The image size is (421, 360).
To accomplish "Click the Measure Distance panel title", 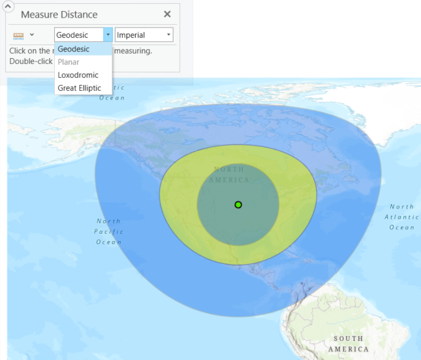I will pyautogui.click(x=59, y=14).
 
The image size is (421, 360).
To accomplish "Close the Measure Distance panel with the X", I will pyautogui.click(x=167, y=14).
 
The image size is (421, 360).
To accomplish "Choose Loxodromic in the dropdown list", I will pyautogui.click(x=78, y=75).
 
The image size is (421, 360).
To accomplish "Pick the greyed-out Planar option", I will pyautogui.click(x=69, y=62).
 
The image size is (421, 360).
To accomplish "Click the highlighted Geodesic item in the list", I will pyautogui.click(x=74, y=49).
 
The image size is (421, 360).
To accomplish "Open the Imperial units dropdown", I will pyautogui.click(x=144, y=35).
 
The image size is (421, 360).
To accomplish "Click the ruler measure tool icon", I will pyautogui.click(x=18, y=35).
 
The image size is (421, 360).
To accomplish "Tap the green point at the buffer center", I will pyautogui.click(x=238, y=205).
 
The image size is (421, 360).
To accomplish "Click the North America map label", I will pyautogui.click(x=230, y=174).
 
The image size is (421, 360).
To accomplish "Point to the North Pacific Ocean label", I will pyautogui.click(x=108, y=231).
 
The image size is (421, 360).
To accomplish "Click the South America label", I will pyautogui.click(x=348, y=344).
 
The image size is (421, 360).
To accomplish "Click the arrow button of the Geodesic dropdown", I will pyautogui.click(x=108, y=35).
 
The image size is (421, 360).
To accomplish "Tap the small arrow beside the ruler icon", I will pyautogui.click(x=31, y=35).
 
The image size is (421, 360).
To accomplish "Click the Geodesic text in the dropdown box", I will pyautogui.click(x=72, y=35).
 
